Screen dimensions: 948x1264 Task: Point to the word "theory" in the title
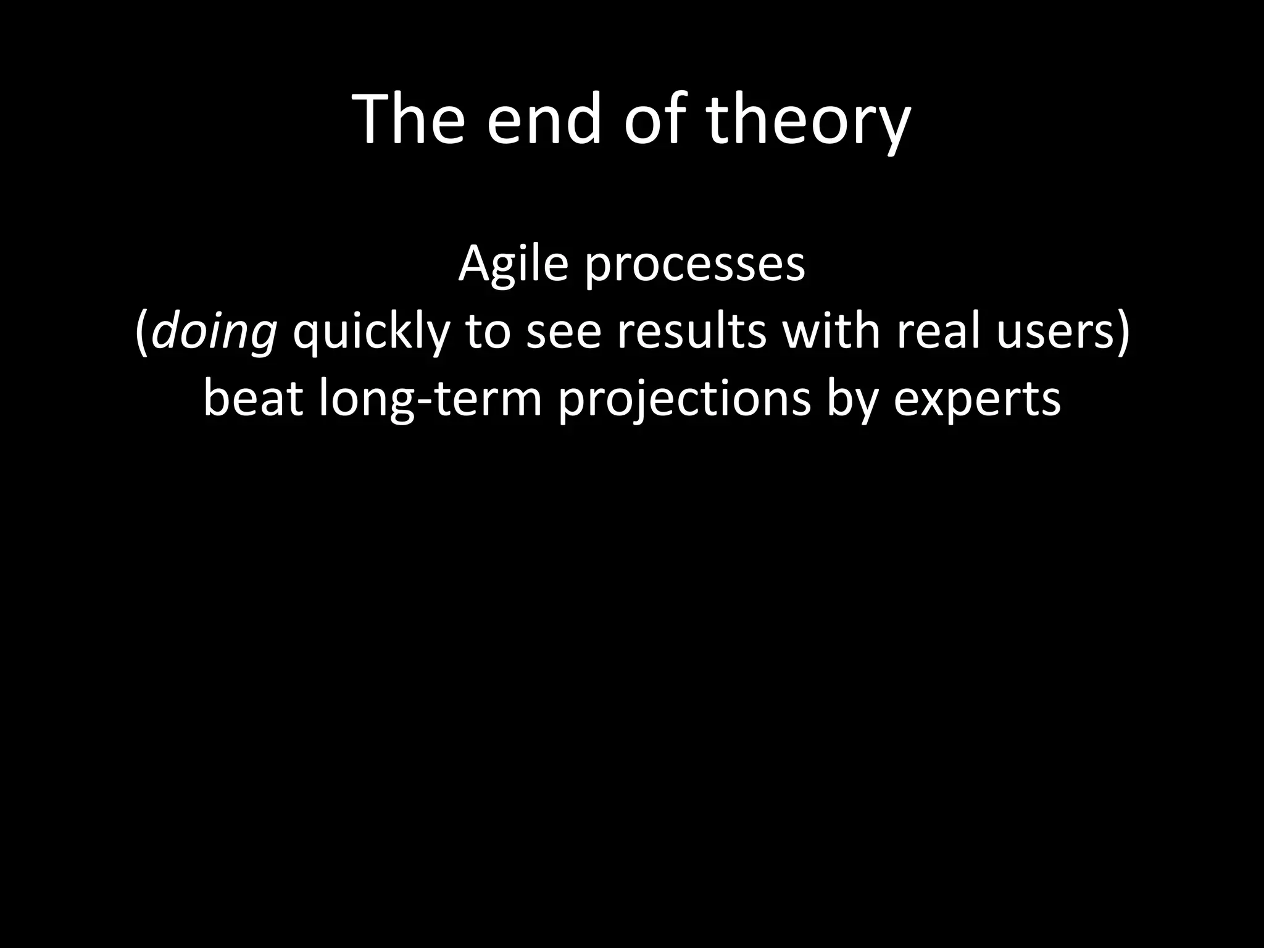(808, 123)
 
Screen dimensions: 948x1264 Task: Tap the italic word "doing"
(214, 333)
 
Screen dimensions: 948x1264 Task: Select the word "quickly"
(370, 333)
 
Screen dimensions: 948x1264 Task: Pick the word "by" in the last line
(852, 400)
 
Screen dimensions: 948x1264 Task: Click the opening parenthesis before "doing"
(141, 333)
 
